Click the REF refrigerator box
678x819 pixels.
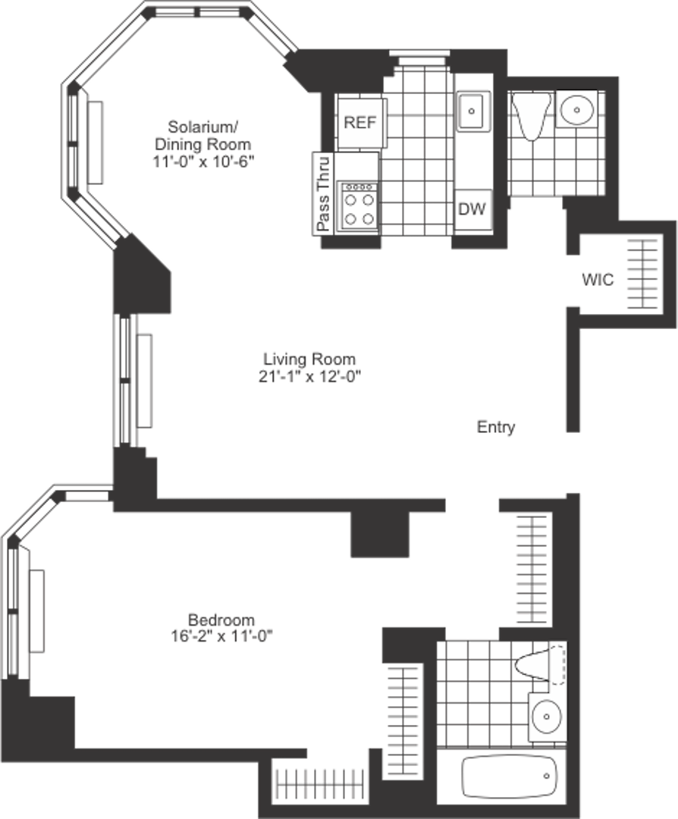click(360, 122)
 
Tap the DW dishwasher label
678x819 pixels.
click(472, 209)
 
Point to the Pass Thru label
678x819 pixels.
click(323, 193)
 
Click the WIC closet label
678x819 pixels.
click(598, 279)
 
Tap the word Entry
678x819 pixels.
click(496, 427)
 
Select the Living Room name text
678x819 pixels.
click(309, 359)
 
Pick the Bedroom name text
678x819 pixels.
click(221, 619)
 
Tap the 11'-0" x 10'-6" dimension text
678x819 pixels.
click(202, 161)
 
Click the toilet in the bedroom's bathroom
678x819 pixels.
click(540, 665)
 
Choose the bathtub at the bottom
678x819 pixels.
click(510, 776)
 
